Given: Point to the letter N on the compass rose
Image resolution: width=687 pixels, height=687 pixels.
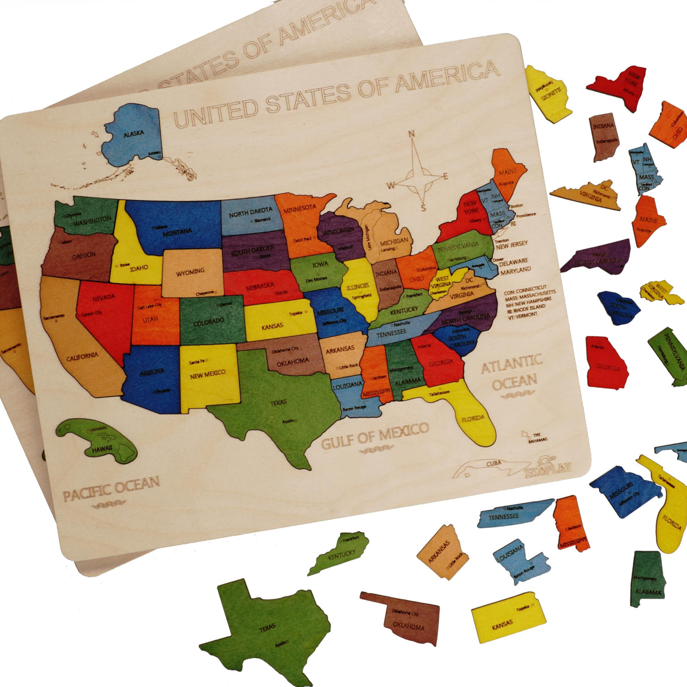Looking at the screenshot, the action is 412,134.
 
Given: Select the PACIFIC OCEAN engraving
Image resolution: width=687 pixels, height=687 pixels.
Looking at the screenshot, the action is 111,488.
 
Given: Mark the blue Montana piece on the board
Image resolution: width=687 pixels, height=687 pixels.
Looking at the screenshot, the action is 173,226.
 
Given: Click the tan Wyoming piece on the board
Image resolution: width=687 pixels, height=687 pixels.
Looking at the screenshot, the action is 191,273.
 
